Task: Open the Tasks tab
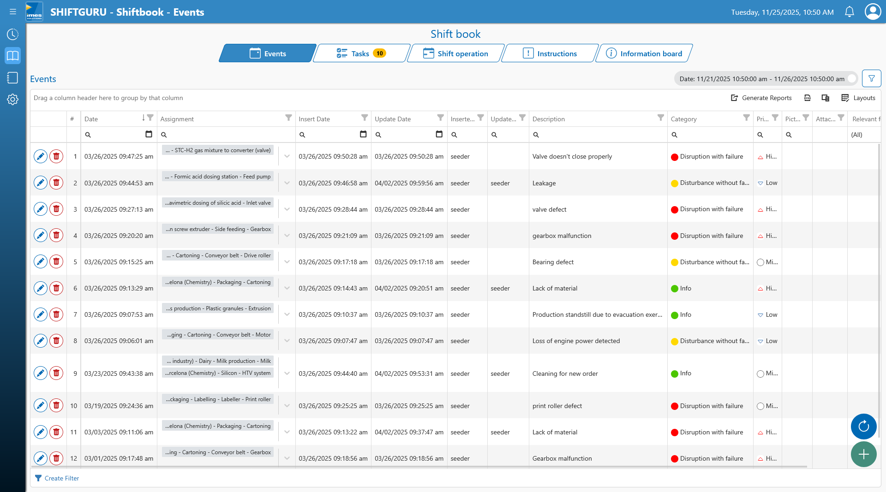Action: (x=361, y=53)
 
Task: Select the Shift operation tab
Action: (x=455, y=53)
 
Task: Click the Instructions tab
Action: (x=550, y=53)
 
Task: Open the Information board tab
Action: (x=644, y=53)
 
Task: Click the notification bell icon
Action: (x=849, y=12)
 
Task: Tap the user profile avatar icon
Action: (x=873, y=12)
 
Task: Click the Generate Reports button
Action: (x=761, y=98)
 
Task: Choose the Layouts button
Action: (x=858, y=98)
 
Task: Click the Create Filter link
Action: (x=57, y=478)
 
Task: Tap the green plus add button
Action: (x=863, y=454)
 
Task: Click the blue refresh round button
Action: (x=863, y=427)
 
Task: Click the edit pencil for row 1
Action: (x=41, y=156)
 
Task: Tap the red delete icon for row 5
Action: (x=56, y=261)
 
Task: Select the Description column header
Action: (x=548, y=119)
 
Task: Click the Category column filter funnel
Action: (x=746, y=118)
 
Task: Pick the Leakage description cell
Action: (x=544, y=183)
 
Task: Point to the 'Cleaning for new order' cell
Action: (x=565, y=373)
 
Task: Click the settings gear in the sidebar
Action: (x=12, y=99)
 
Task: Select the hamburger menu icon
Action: (x=13, y=12)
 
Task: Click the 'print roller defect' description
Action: (x=557, y=406)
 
